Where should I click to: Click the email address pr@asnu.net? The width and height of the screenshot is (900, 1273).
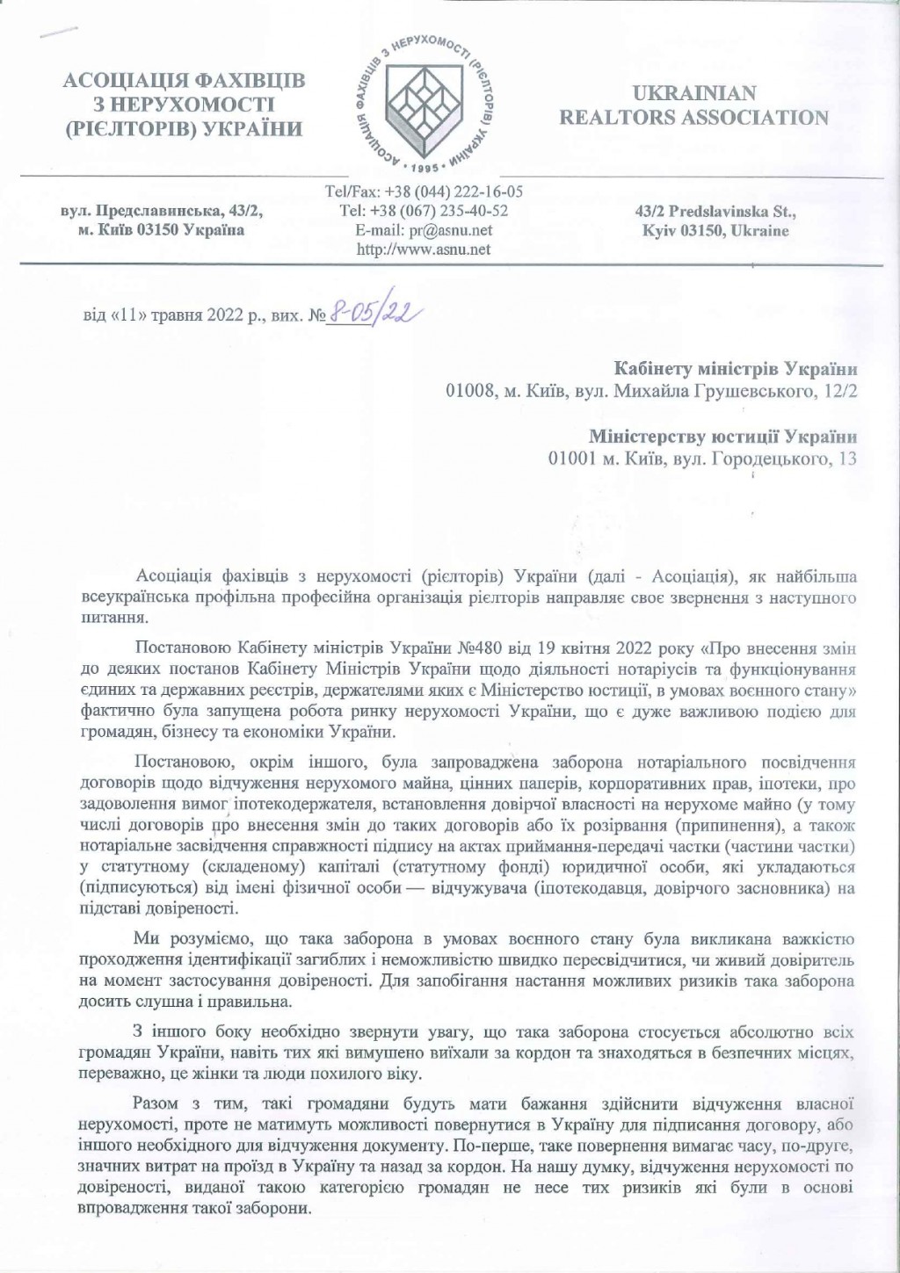[424, 230]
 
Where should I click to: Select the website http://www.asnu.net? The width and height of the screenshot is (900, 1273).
[424, 250]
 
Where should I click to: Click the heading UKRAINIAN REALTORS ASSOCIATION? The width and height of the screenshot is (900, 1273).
[693, 105]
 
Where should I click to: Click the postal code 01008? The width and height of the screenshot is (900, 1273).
[468, 392]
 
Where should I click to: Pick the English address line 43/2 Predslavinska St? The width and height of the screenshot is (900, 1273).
[715, 212]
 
